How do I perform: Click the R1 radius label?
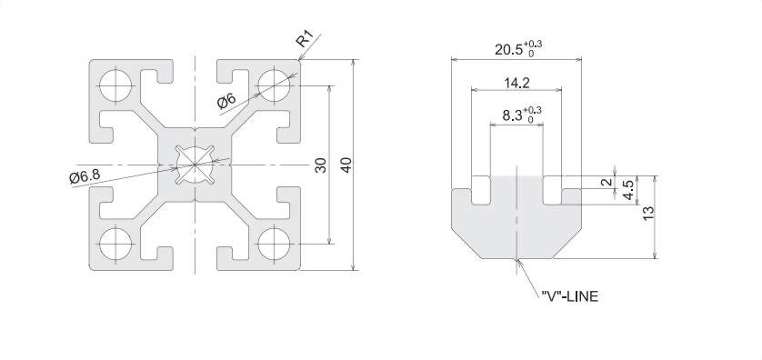[x=306, y=39]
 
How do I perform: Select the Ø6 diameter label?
[x=226, y=102]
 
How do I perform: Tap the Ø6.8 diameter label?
[x=85, y=176]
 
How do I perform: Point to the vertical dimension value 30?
[x=321, y=165]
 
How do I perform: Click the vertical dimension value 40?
[x=346, y=165]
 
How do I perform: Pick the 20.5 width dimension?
[x=518, y=48]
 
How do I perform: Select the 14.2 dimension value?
[x=516, y=83]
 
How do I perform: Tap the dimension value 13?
[x=648, y=214]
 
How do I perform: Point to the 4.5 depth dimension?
[x=629, y=190]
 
